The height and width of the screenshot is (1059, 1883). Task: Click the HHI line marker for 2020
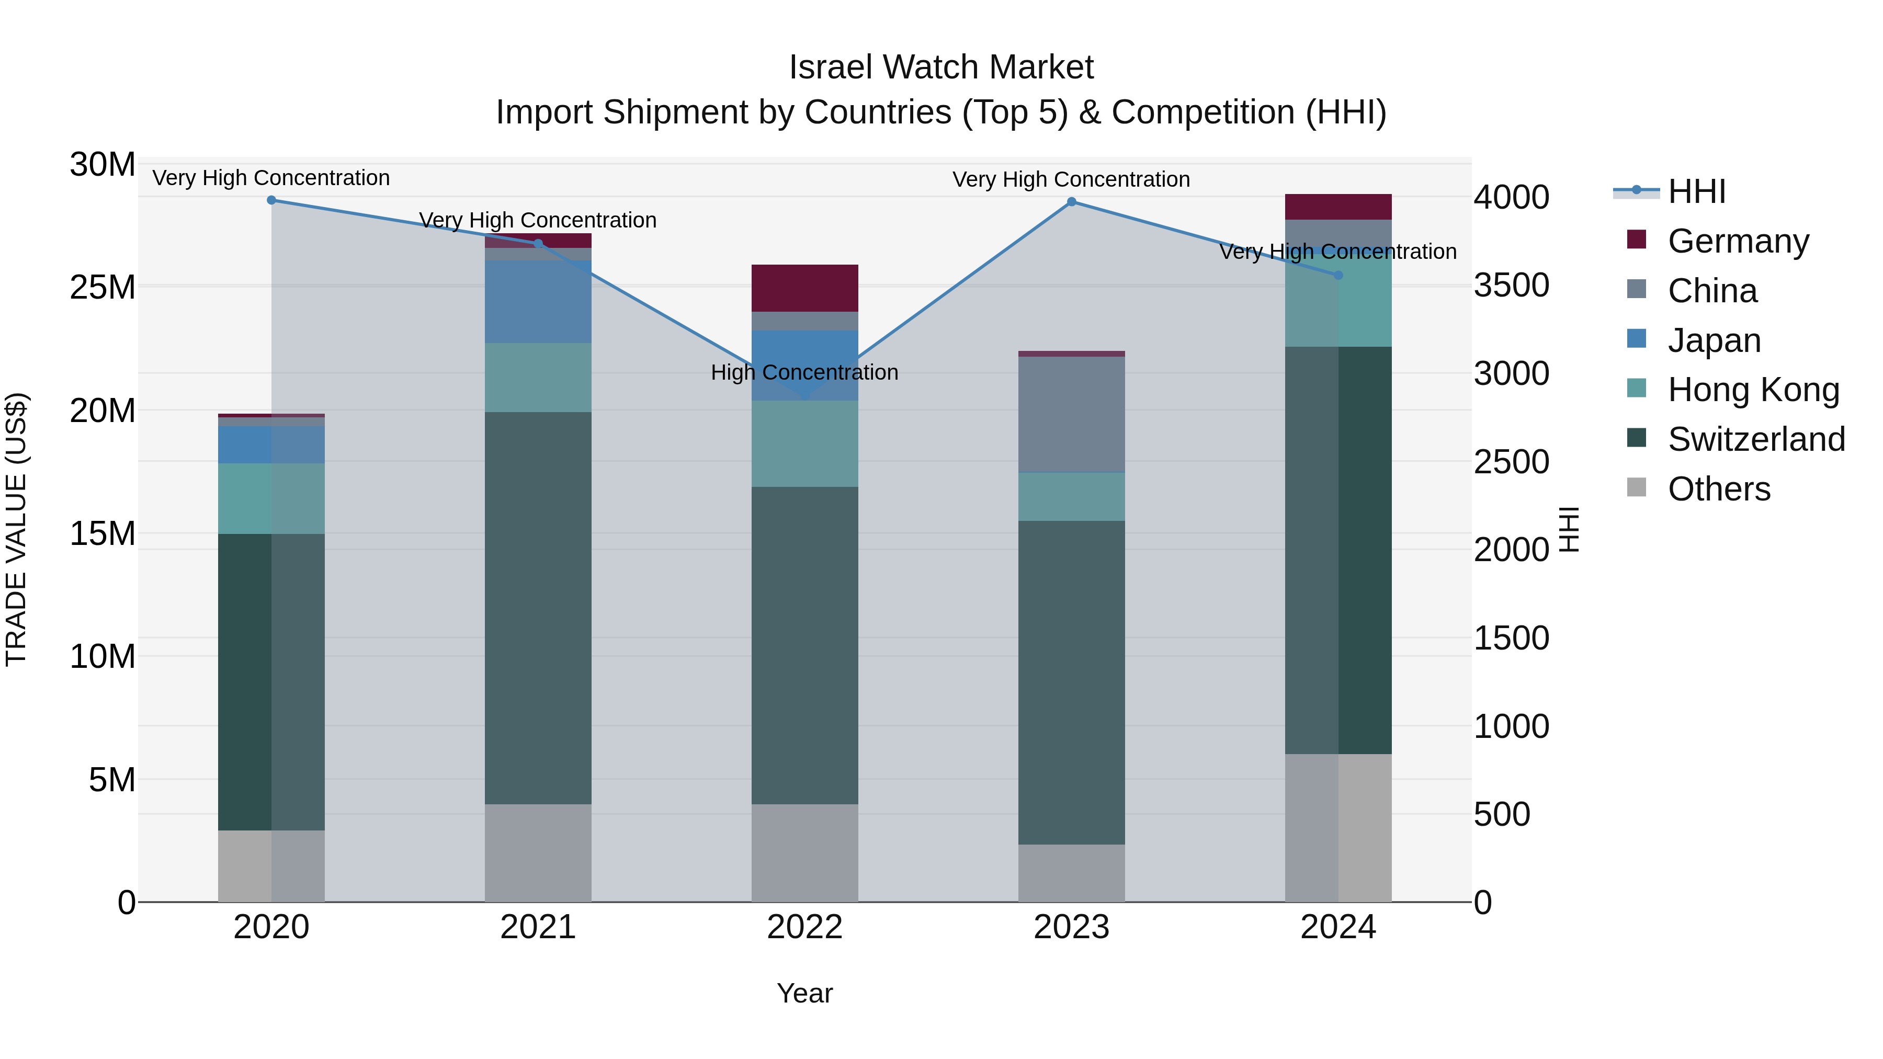271,200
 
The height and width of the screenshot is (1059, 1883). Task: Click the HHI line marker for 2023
1072,202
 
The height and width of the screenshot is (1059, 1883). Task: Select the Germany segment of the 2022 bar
805,288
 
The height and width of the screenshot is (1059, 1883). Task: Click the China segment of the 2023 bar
1072,414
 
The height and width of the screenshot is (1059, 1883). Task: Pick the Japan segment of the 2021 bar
538,302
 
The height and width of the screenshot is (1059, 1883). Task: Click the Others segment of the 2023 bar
1072,873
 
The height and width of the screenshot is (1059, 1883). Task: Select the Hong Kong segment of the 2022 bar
805,443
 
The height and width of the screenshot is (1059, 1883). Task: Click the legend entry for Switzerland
1756,439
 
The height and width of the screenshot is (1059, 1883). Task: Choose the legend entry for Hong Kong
1753,390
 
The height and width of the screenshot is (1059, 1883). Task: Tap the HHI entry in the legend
1696,191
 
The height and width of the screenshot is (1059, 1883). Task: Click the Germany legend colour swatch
1637,240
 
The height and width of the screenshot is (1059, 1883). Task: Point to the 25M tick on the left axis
103,287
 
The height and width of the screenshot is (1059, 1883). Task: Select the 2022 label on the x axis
805,927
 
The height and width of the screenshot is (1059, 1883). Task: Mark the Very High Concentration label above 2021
538,220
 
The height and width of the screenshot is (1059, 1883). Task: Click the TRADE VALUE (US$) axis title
16,529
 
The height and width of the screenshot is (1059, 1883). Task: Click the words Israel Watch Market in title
941,67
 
